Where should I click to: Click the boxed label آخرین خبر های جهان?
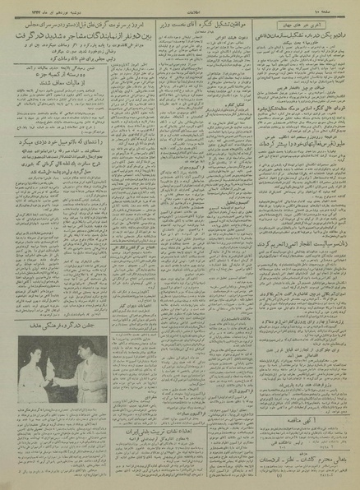click(x=316, y=27)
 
